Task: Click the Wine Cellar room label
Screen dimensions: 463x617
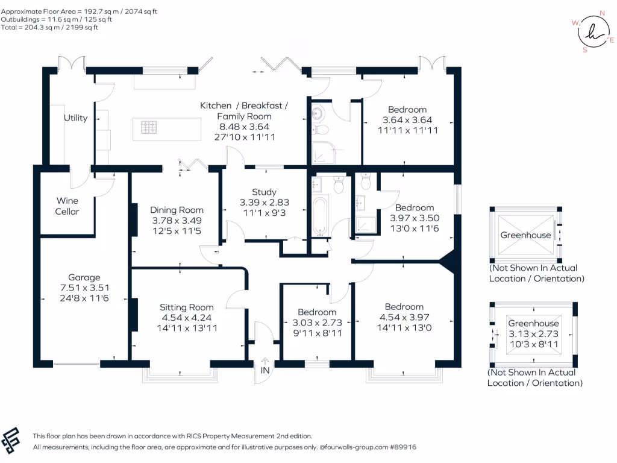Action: point(67,206)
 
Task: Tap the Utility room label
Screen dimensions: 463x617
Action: point(75,118)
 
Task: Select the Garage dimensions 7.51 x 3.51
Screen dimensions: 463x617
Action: point(84,288)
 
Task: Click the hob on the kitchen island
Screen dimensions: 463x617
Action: point(149,127)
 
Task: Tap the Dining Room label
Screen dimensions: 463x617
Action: point(177,210)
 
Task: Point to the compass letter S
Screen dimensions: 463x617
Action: point(584,50)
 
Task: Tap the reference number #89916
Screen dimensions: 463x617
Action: point(403,447)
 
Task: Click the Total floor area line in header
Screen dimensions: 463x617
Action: point(49,27)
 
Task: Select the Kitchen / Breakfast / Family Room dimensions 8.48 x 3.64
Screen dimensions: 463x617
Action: point(244,127)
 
